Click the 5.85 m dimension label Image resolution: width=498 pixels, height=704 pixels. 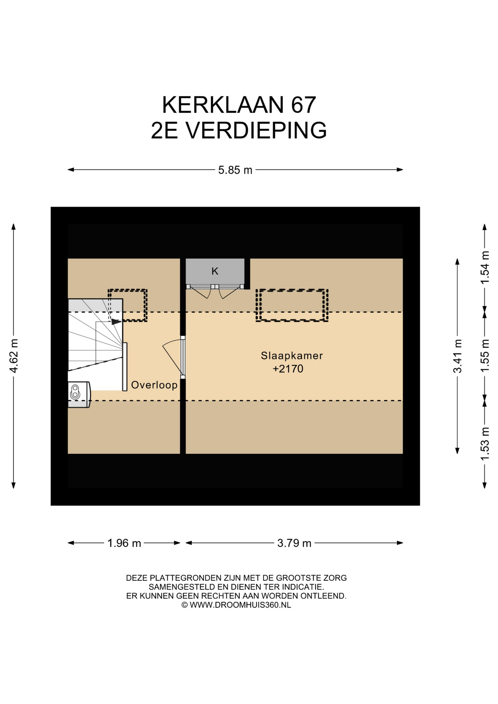point(235,170)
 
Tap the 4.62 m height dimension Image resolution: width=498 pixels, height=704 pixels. point(14,356)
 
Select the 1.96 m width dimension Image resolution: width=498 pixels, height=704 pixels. point(124,543)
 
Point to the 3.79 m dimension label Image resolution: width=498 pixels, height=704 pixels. point(294,543)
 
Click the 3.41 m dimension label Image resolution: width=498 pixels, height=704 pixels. point(457,356)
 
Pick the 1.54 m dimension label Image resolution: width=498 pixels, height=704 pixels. point(485,267)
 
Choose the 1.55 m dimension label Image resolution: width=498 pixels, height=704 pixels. point(485,356)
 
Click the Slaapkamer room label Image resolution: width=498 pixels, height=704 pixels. point(292,356)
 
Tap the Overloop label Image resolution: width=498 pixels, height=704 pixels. point(154,385)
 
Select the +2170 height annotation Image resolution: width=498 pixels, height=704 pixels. point(288,369)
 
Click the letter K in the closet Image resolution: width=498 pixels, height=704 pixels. point(215,271)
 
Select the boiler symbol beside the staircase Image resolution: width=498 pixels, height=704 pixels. point(79,395)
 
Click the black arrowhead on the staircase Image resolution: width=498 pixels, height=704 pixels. point(116,322)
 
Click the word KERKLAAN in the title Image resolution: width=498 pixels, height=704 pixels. point(223,105)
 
